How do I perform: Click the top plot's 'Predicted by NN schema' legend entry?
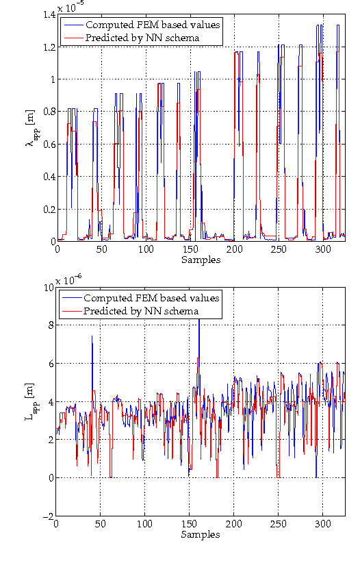(x=142, y=38)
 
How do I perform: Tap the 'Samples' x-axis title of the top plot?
(x=201, y=260)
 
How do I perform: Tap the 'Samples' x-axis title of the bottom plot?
(x=201, y=534)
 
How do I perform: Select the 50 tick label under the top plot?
(x=101, y=250)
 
